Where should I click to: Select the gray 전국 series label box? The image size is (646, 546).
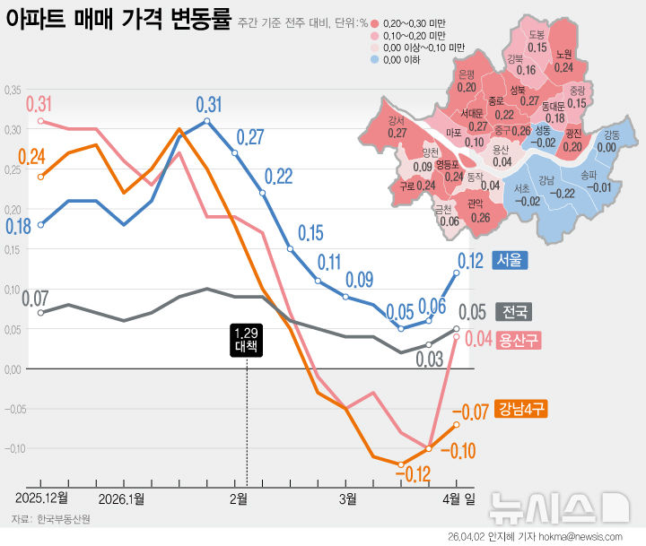(514, 313)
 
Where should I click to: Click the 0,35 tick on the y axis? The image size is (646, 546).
(13, 91)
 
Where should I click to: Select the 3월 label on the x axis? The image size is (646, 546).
(347, 497)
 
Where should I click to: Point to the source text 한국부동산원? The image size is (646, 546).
(58, 519)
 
